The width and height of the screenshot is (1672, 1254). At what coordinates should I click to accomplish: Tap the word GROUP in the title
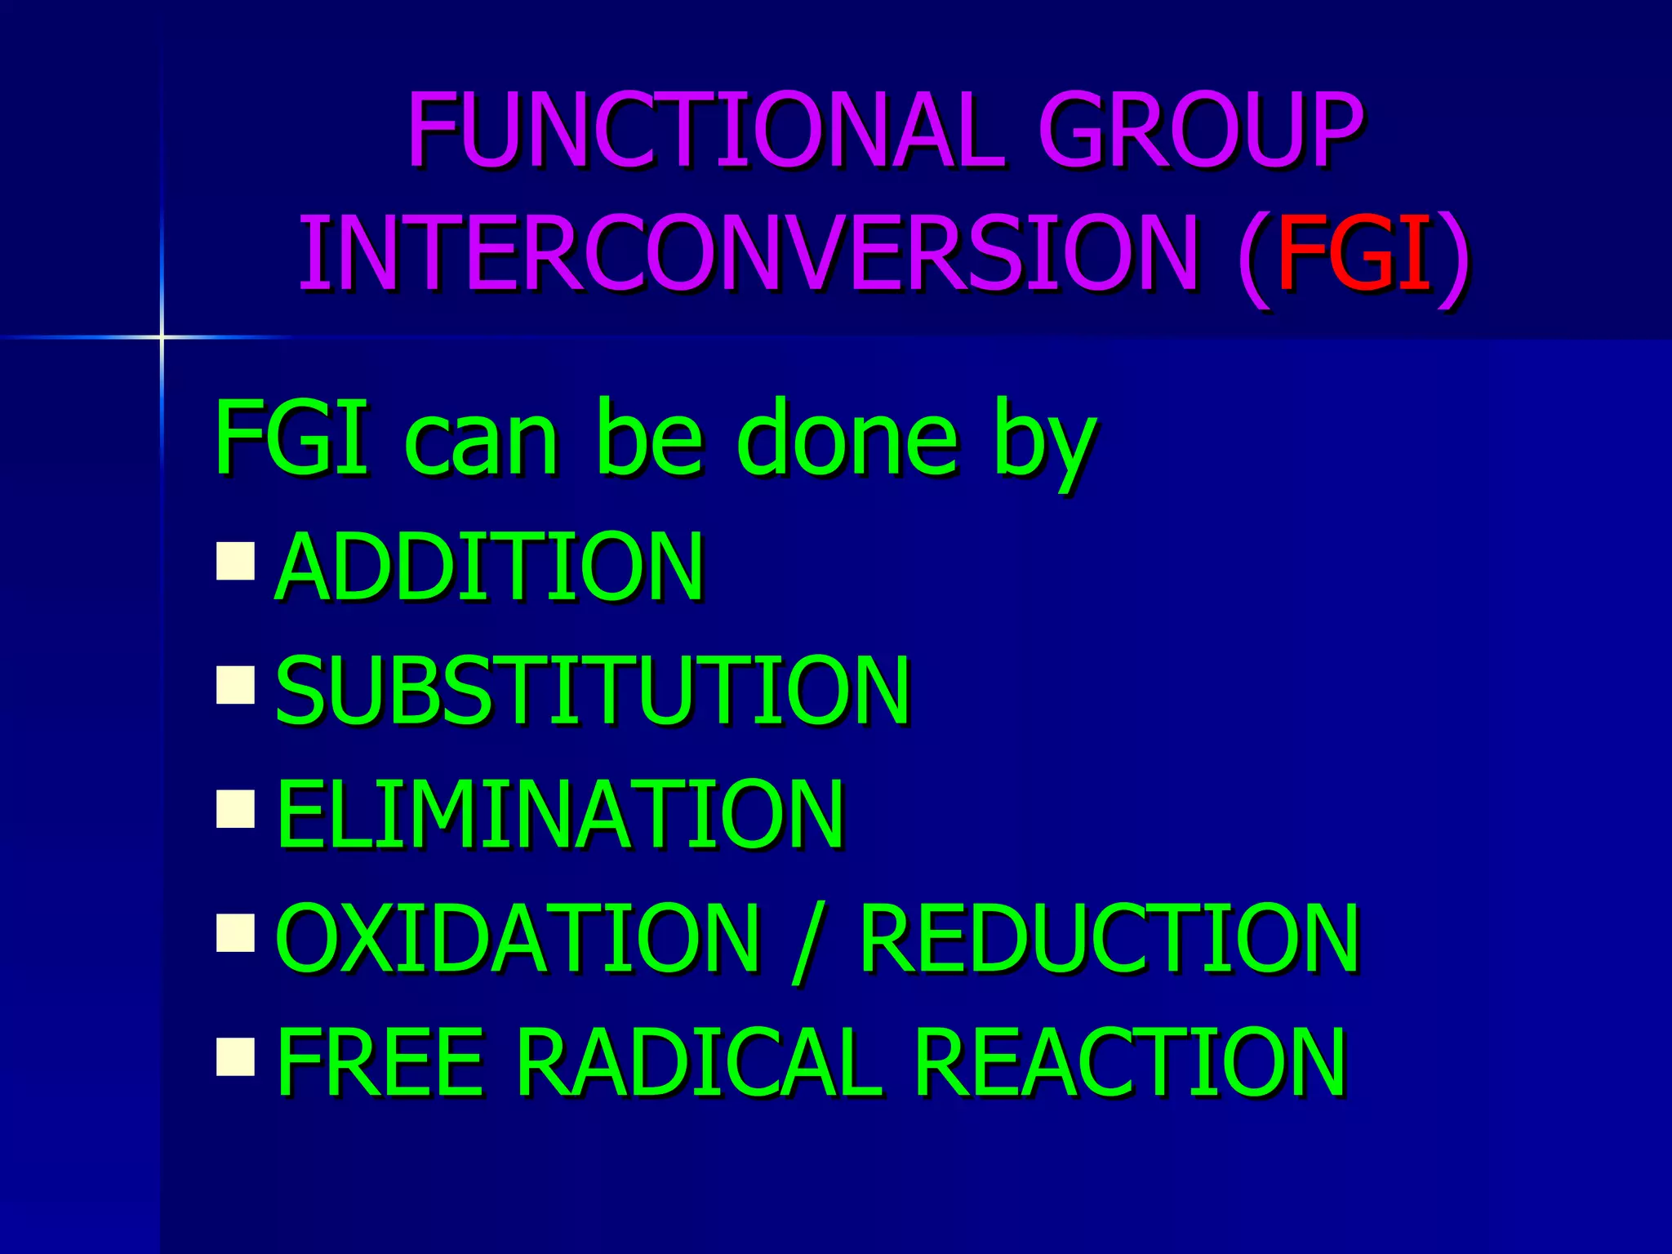(x=1200, y=131)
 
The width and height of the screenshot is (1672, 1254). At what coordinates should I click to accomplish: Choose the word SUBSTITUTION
(x=592, y=691)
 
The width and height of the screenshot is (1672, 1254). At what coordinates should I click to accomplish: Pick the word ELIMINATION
(x=560, y=815)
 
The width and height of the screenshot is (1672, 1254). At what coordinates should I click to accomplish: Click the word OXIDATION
(x=518, y=939)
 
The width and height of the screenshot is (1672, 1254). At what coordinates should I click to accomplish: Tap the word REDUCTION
(x=1109, y=939)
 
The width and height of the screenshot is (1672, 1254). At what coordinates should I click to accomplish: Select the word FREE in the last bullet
(x=380, y=1062)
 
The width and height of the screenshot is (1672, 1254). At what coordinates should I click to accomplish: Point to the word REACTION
(x=1131, y=1062)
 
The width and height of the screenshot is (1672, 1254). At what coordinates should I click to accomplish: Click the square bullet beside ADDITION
(x=236, y=561)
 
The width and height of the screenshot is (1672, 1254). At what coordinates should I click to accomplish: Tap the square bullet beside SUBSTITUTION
(x=236, y=685)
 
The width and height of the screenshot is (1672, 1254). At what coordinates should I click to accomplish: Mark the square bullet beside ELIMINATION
(x=236, y=809)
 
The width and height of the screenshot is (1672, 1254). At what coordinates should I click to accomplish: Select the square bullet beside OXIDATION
(x=236, y=933)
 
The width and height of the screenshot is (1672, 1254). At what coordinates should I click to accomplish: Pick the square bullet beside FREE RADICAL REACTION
(x=236, y=1056)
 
